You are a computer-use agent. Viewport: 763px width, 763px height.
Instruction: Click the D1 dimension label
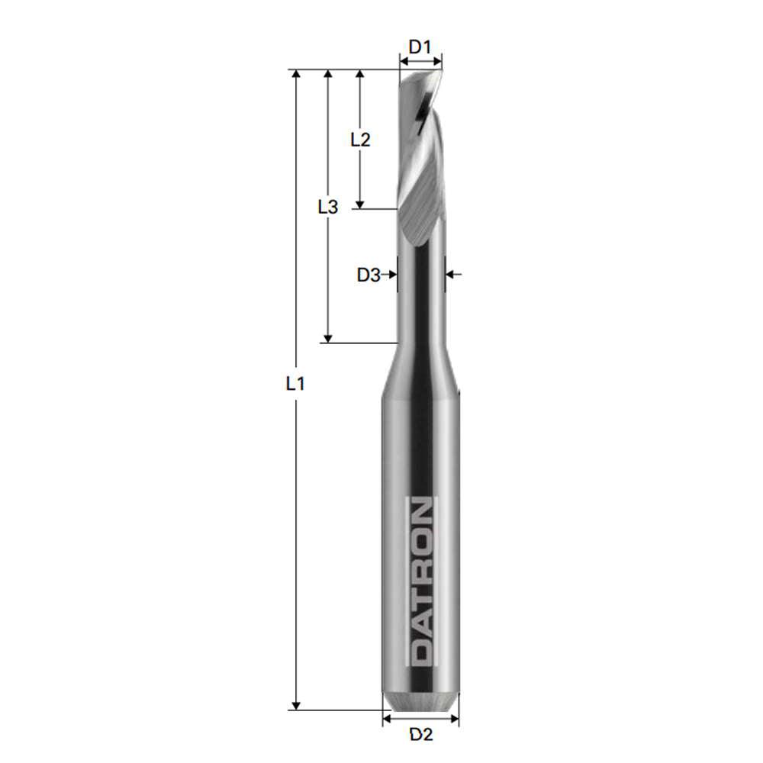(x=420, y=47)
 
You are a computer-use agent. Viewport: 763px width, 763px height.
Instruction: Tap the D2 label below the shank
(x=421, y=735)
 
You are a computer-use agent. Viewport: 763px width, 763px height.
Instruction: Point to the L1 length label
(x=295, y=384)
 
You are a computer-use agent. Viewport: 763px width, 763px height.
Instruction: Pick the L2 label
(x=360, y=140)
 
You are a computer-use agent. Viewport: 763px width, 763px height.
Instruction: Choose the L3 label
(x=327, y=206)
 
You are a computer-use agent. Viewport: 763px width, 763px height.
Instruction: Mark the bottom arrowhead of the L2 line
(x=360, y=202)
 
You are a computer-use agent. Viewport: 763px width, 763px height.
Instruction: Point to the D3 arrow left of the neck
(x=392, y=274)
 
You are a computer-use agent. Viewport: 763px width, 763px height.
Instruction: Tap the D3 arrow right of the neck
(x=451, y=274)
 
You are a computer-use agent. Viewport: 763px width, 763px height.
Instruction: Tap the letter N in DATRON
(x=420, y=512)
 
